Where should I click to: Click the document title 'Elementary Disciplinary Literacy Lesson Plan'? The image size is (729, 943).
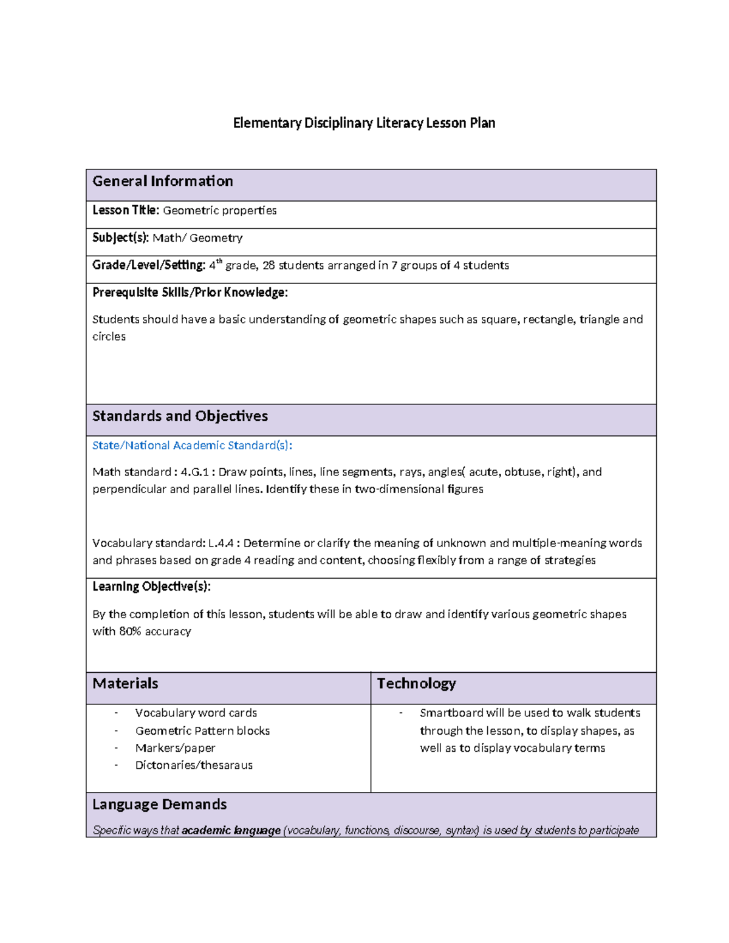pyautogui.click(x=364, y=123)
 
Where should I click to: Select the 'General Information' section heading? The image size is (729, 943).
pyautogui.click(x=162, y=182)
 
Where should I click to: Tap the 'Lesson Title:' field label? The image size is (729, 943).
pyautogui.click(x=126, y=211)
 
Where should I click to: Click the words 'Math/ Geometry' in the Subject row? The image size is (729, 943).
pyautogui.click(x=197, y=238)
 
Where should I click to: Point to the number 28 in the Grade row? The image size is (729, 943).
pyautogui.click(x=269, y=265)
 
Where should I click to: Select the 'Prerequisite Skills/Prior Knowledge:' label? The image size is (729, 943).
pyautogui.click(x=190, y=293)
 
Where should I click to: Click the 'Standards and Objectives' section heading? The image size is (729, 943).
pyautogui.click(x=180, y=417)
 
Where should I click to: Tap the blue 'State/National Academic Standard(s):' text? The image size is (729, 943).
pyautogui.click(x=192, y=446)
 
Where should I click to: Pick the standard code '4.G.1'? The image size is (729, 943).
pyautogui.click(x=194, y=472)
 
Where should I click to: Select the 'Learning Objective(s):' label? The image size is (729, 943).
pyautogui.click(x=151, y=587)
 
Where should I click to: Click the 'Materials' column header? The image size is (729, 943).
pyautogui.click(x=125, y=684)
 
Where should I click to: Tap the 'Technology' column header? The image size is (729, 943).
pyautogui.click(x=416, y=684)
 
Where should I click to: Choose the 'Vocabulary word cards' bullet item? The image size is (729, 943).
pyautogui.click(x=196, y=713)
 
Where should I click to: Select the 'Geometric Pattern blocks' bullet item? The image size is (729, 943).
pyautogui.click(x=202, y=731)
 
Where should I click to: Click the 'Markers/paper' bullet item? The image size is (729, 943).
pyautogui.click(x=175, y=748)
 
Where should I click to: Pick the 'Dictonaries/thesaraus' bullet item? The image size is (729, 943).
pyautogui.click(x=194, y=765)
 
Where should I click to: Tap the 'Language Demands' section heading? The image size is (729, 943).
pyautogui.click(x=159, y=805)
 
